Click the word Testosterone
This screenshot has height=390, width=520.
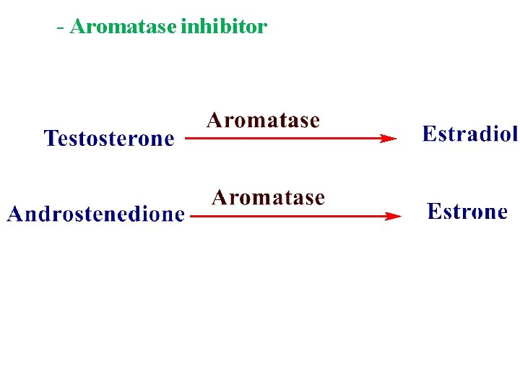pos(109,139)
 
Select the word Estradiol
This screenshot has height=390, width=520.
pos(469,134)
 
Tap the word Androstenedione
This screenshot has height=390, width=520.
pos(95,214)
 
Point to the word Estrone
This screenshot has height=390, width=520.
pos(467,212)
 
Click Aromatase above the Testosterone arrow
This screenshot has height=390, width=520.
pos(263,120)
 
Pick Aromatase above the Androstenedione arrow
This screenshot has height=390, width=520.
pos(268,197)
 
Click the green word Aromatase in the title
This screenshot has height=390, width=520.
pos(123,27)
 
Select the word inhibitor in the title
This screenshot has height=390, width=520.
pos(224,27)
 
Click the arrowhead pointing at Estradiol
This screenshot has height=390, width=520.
pos(389,138)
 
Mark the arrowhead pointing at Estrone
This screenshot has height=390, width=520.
pos(394,215)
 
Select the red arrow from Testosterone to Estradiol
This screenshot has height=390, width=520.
pos(289,138)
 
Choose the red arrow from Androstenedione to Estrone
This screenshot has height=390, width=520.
pos(292,215)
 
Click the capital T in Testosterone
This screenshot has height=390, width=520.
pos(51,138)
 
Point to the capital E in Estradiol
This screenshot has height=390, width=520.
pos(428,134)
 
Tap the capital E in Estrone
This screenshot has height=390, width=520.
pos(433,212)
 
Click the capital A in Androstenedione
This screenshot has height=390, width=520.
pos(15,214)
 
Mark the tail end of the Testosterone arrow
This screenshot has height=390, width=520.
pos(187,138)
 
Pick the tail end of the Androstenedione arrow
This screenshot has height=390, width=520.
pos(191,215)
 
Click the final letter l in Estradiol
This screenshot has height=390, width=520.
pos(514,134)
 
